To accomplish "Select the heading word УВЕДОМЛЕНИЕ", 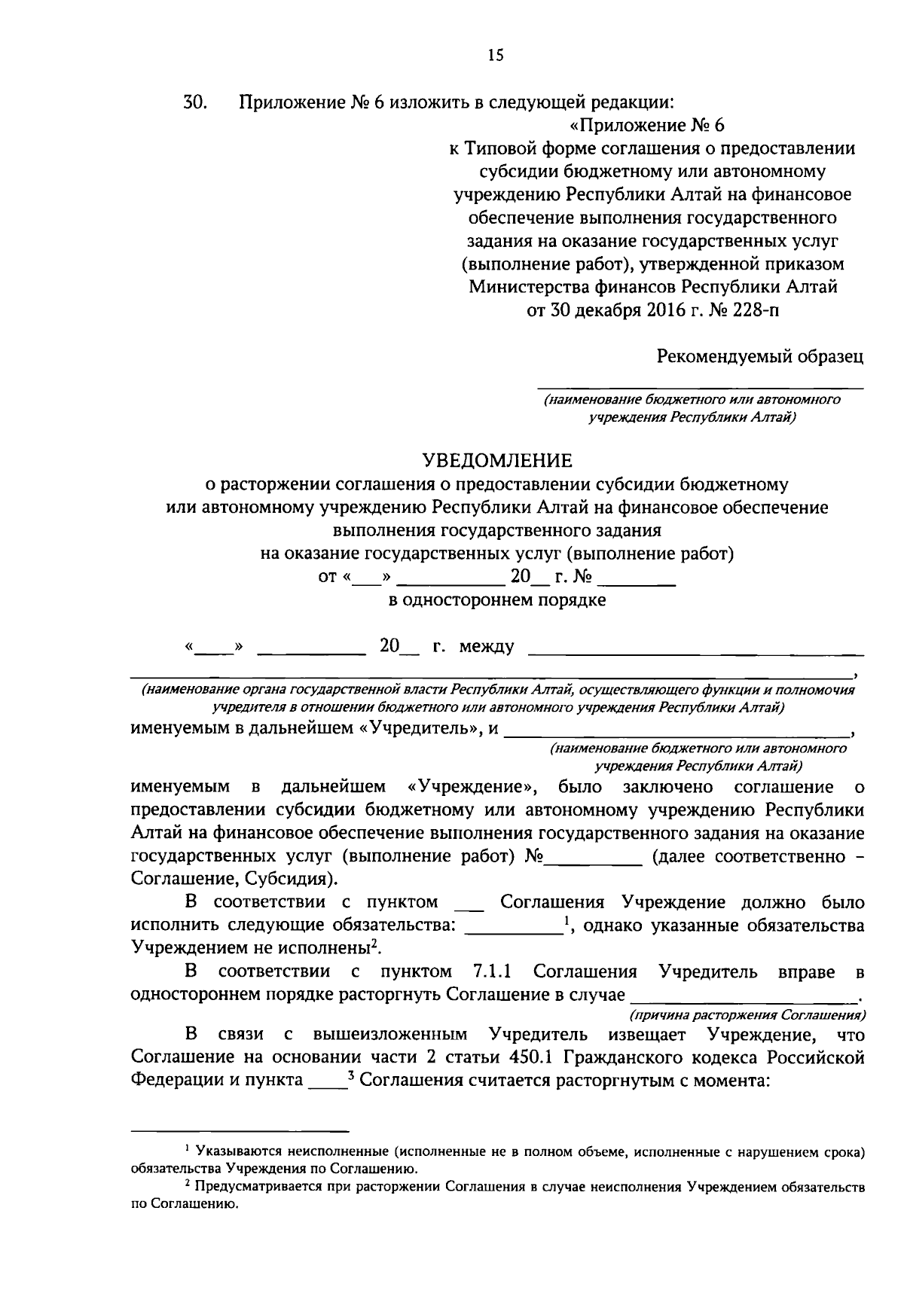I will [496, 459].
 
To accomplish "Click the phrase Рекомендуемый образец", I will [759, 355].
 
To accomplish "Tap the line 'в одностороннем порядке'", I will [496, 600].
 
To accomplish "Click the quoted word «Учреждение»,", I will [472, 788].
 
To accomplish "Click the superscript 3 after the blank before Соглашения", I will [351, 1075].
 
